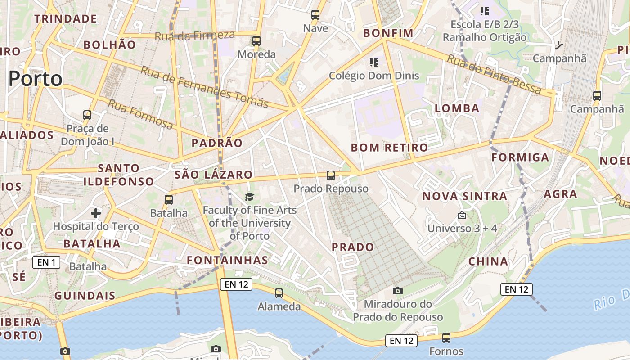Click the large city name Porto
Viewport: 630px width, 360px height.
(36, 79)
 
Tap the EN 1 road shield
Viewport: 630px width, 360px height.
(46, 262)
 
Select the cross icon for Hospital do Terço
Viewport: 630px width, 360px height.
(95, 213)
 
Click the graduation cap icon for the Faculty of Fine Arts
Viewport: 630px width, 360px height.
(249, 197)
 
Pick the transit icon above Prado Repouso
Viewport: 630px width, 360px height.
(331, 175)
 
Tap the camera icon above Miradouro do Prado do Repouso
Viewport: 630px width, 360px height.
(397, 291)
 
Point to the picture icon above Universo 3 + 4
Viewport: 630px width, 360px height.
(462, 216)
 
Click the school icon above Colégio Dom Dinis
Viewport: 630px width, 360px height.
(374, 62)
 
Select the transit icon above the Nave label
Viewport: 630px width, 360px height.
(315, 15)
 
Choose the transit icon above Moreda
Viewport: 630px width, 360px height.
(256, 41)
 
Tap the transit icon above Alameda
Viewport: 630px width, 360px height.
(279, 293)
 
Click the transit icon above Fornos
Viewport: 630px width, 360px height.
(446, 337)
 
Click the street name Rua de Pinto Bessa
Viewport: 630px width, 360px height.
(494, 74)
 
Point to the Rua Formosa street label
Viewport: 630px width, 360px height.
(140, 114)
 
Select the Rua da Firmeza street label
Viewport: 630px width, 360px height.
(195, 36)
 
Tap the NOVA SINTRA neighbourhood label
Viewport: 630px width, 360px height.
(465, 196)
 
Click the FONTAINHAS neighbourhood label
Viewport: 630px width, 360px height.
(228, 260)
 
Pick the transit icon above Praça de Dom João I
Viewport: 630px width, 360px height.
(87, 115)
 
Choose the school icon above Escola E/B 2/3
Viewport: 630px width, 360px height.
(485, 11)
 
